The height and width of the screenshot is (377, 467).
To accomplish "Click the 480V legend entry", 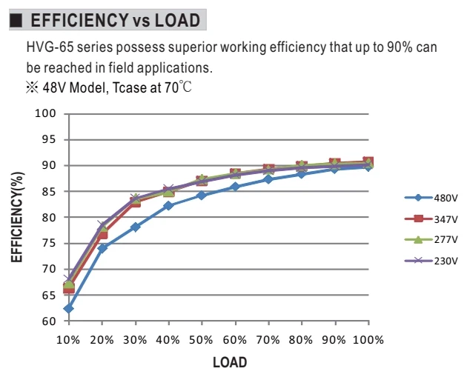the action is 431,198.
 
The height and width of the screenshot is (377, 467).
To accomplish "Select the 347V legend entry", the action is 431,219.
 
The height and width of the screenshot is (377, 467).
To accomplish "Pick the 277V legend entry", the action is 431,239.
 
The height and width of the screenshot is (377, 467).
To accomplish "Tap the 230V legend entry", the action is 431,261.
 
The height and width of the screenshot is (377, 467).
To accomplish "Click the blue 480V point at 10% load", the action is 68,309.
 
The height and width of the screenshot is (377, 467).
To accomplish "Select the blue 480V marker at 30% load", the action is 135,227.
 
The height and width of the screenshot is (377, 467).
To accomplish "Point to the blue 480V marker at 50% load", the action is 202,196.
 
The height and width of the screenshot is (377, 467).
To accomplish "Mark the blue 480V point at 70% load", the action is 268,179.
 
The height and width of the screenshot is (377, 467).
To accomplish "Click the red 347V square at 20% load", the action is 102,234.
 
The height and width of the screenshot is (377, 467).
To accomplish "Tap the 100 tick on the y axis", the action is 45,113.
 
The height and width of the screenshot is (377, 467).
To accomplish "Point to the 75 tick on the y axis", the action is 49,243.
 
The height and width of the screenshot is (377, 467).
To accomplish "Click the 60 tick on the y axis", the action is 49,321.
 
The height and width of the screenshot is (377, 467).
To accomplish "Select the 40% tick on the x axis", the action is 168,340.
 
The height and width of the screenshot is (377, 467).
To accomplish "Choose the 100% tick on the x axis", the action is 368,340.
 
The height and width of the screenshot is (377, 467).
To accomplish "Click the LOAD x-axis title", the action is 230,362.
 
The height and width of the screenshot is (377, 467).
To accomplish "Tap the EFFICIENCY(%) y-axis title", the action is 16,217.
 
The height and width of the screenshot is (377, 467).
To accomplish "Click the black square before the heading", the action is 16,21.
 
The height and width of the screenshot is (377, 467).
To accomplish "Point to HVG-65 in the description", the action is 50,47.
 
